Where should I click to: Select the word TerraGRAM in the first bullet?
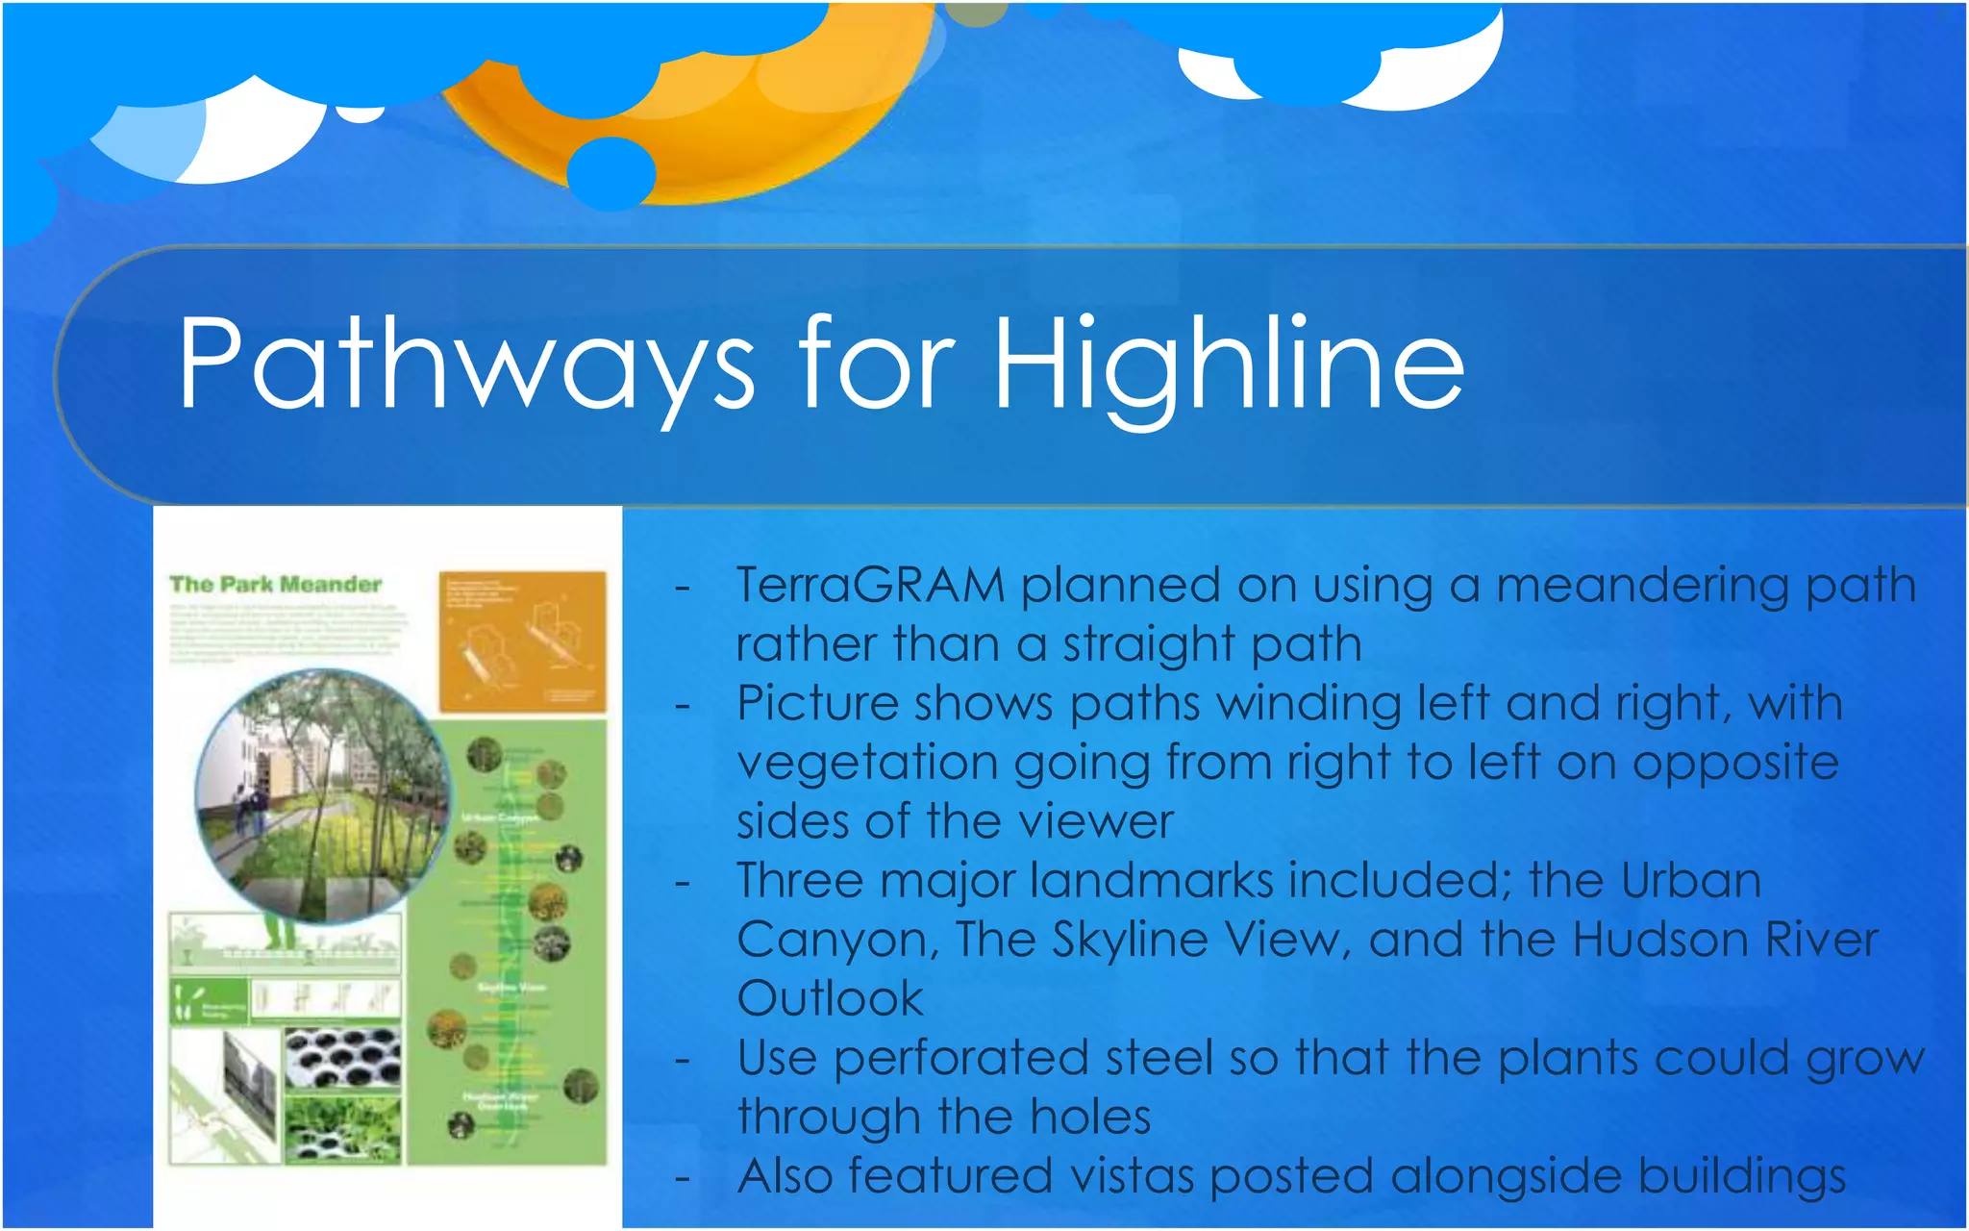pos(870,586)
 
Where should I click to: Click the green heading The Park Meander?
pos(275,584)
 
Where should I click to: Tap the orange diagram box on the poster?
pos(522,641)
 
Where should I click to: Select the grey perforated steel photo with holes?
pos(341,1057)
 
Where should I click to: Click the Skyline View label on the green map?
pos(511,987)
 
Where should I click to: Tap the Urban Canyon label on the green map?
pos(500,817)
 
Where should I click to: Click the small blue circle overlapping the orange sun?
pos(611,173)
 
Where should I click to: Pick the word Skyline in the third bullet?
pos(1129,940)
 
